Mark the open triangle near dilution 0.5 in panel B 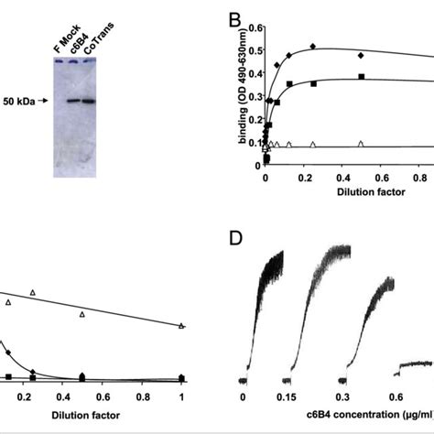(361, 144)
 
